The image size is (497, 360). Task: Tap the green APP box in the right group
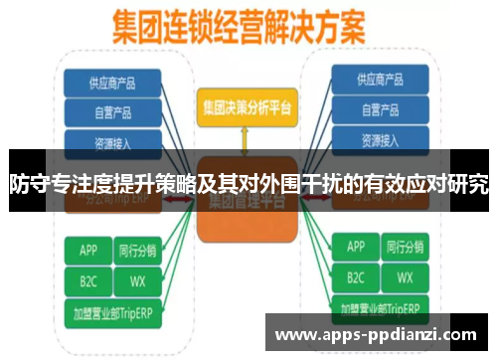pos(355,247)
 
